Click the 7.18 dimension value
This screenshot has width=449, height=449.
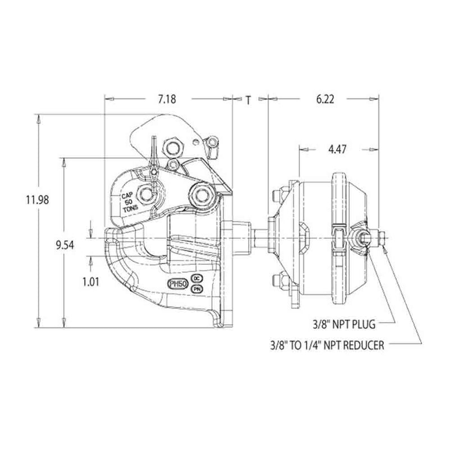[167, 99]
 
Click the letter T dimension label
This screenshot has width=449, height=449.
[248, 100]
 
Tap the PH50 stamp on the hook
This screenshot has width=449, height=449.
[177, 283]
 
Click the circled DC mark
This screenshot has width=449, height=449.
[197, 278]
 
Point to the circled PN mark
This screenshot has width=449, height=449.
[197, 288]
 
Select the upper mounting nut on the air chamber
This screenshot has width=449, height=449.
[276, 196]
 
